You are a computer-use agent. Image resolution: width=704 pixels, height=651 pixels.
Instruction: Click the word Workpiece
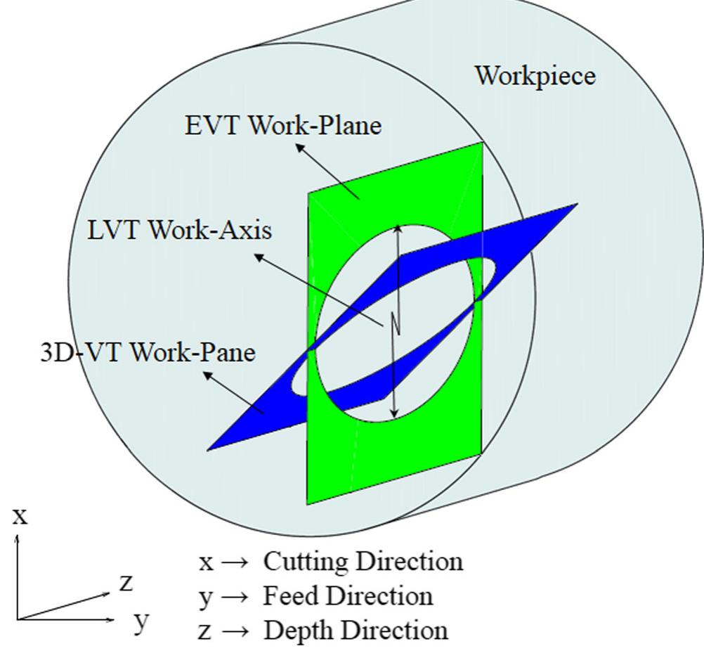pyautogui.click(x=535, y=75)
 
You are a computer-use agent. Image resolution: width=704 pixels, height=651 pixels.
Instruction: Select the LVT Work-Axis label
pyautogui.click(x=180, y=230)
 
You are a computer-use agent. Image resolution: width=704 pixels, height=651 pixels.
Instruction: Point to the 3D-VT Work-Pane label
pyautogui.click(x=148, y=352)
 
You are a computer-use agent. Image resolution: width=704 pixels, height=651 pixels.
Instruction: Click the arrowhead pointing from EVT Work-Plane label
pyautogui.click(x=299, y=146)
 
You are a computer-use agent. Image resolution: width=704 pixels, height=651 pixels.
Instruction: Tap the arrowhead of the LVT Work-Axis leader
pyautogui.click(x=258, y=257)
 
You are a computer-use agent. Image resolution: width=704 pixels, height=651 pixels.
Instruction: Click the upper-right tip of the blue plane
pyautogui.click(x=576, y=205)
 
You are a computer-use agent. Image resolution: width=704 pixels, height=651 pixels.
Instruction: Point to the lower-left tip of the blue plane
pyautogui.click(x=209, y=449)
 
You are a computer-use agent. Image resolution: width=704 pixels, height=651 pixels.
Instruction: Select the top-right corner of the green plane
pyautogui.click(x=483, y=143)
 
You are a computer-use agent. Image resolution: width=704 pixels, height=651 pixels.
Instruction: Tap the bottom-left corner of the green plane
pyautogui.click(x=308, y=503)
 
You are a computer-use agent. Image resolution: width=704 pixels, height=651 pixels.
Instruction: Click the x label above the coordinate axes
pyautogui.click(x=20, y=517)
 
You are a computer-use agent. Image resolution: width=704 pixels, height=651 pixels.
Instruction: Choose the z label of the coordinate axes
pyautogui.click(x=126, y=582)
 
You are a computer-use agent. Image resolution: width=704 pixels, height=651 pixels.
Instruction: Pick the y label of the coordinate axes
pyautogui.click(x=143, y=621)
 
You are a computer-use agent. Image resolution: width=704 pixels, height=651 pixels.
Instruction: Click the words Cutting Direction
pyautogui.click(x=363, y=562)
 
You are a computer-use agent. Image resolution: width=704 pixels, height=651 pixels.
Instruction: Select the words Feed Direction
pyautogui.click(x=348, y=596)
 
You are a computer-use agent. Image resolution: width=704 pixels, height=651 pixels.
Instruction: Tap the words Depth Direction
pyautogui.click(x=355, y=630)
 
